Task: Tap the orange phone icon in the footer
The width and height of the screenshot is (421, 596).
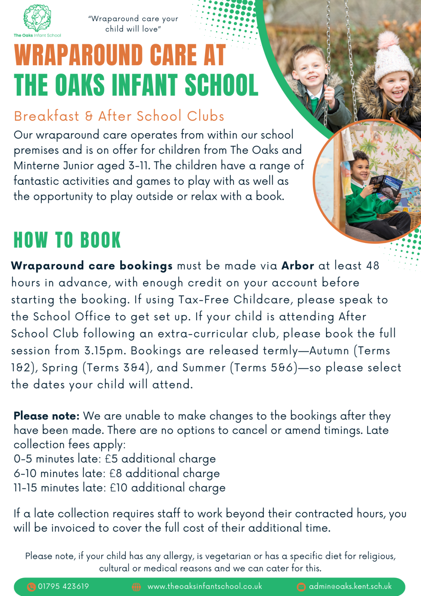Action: (x=31, y=587)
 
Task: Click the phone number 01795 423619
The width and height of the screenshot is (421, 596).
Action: (x=63, y=586)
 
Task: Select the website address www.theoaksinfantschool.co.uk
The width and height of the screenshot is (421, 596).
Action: (x=205, y=586)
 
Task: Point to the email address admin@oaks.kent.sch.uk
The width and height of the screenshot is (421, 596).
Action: (x=350, y=586)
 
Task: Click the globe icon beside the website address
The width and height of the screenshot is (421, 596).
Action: (x=137, y=587)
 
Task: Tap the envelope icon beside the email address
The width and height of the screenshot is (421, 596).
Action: (x=301, y=587)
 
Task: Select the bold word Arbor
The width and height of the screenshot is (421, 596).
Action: (x=298, y=266)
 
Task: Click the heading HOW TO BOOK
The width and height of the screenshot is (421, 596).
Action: (x=67, y=240)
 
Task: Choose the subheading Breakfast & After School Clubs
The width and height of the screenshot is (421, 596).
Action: (x=119, y=116)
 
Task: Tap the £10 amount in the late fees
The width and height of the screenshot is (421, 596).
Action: (x=119, y=488)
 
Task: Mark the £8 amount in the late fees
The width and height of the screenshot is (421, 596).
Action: (x=116, y=473)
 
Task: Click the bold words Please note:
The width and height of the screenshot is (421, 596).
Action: (x=47, y=416)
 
